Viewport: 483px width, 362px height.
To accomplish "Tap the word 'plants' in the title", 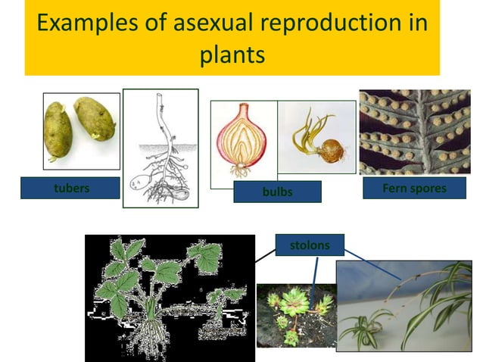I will tap(232, 55).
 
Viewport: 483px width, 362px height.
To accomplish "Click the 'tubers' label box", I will tap(70, 188).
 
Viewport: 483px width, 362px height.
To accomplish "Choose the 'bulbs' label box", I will tap(276, 192).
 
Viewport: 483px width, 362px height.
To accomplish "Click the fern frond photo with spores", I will tap(413, 132).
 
